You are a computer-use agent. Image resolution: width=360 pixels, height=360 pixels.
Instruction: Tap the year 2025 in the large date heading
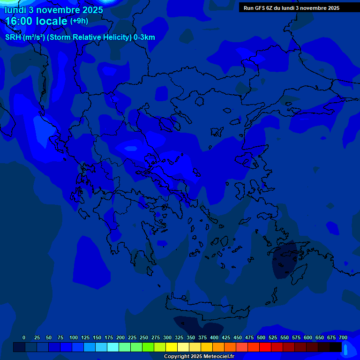(x=90, y=10)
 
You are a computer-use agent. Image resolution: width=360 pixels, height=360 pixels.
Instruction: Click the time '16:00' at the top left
(x=20, y=22)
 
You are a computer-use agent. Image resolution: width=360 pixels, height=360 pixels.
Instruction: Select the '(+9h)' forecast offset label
(x=79, y=21)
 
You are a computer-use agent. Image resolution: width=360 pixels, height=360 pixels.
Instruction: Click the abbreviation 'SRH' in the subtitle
(x=13, y=37)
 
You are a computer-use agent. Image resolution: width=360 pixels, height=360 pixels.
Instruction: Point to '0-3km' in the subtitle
(x=144, y=37)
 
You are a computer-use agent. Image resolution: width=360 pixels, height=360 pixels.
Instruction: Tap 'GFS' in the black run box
(x=259, y=8)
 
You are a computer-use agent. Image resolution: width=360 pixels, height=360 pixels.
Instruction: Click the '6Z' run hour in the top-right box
(x=270, y=8)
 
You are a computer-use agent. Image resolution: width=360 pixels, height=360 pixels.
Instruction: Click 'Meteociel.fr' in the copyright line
(x=218, y=357)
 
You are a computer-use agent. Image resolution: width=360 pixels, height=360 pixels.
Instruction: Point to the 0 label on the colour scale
(x=24, y=337)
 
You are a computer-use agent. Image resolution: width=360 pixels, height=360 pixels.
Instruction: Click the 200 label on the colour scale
(x=120, y=337)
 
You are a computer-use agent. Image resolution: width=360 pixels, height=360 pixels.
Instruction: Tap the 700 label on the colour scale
(x=343, y=337)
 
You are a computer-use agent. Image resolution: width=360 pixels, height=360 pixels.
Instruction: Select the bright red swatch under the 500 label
(x=265, y=347)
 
